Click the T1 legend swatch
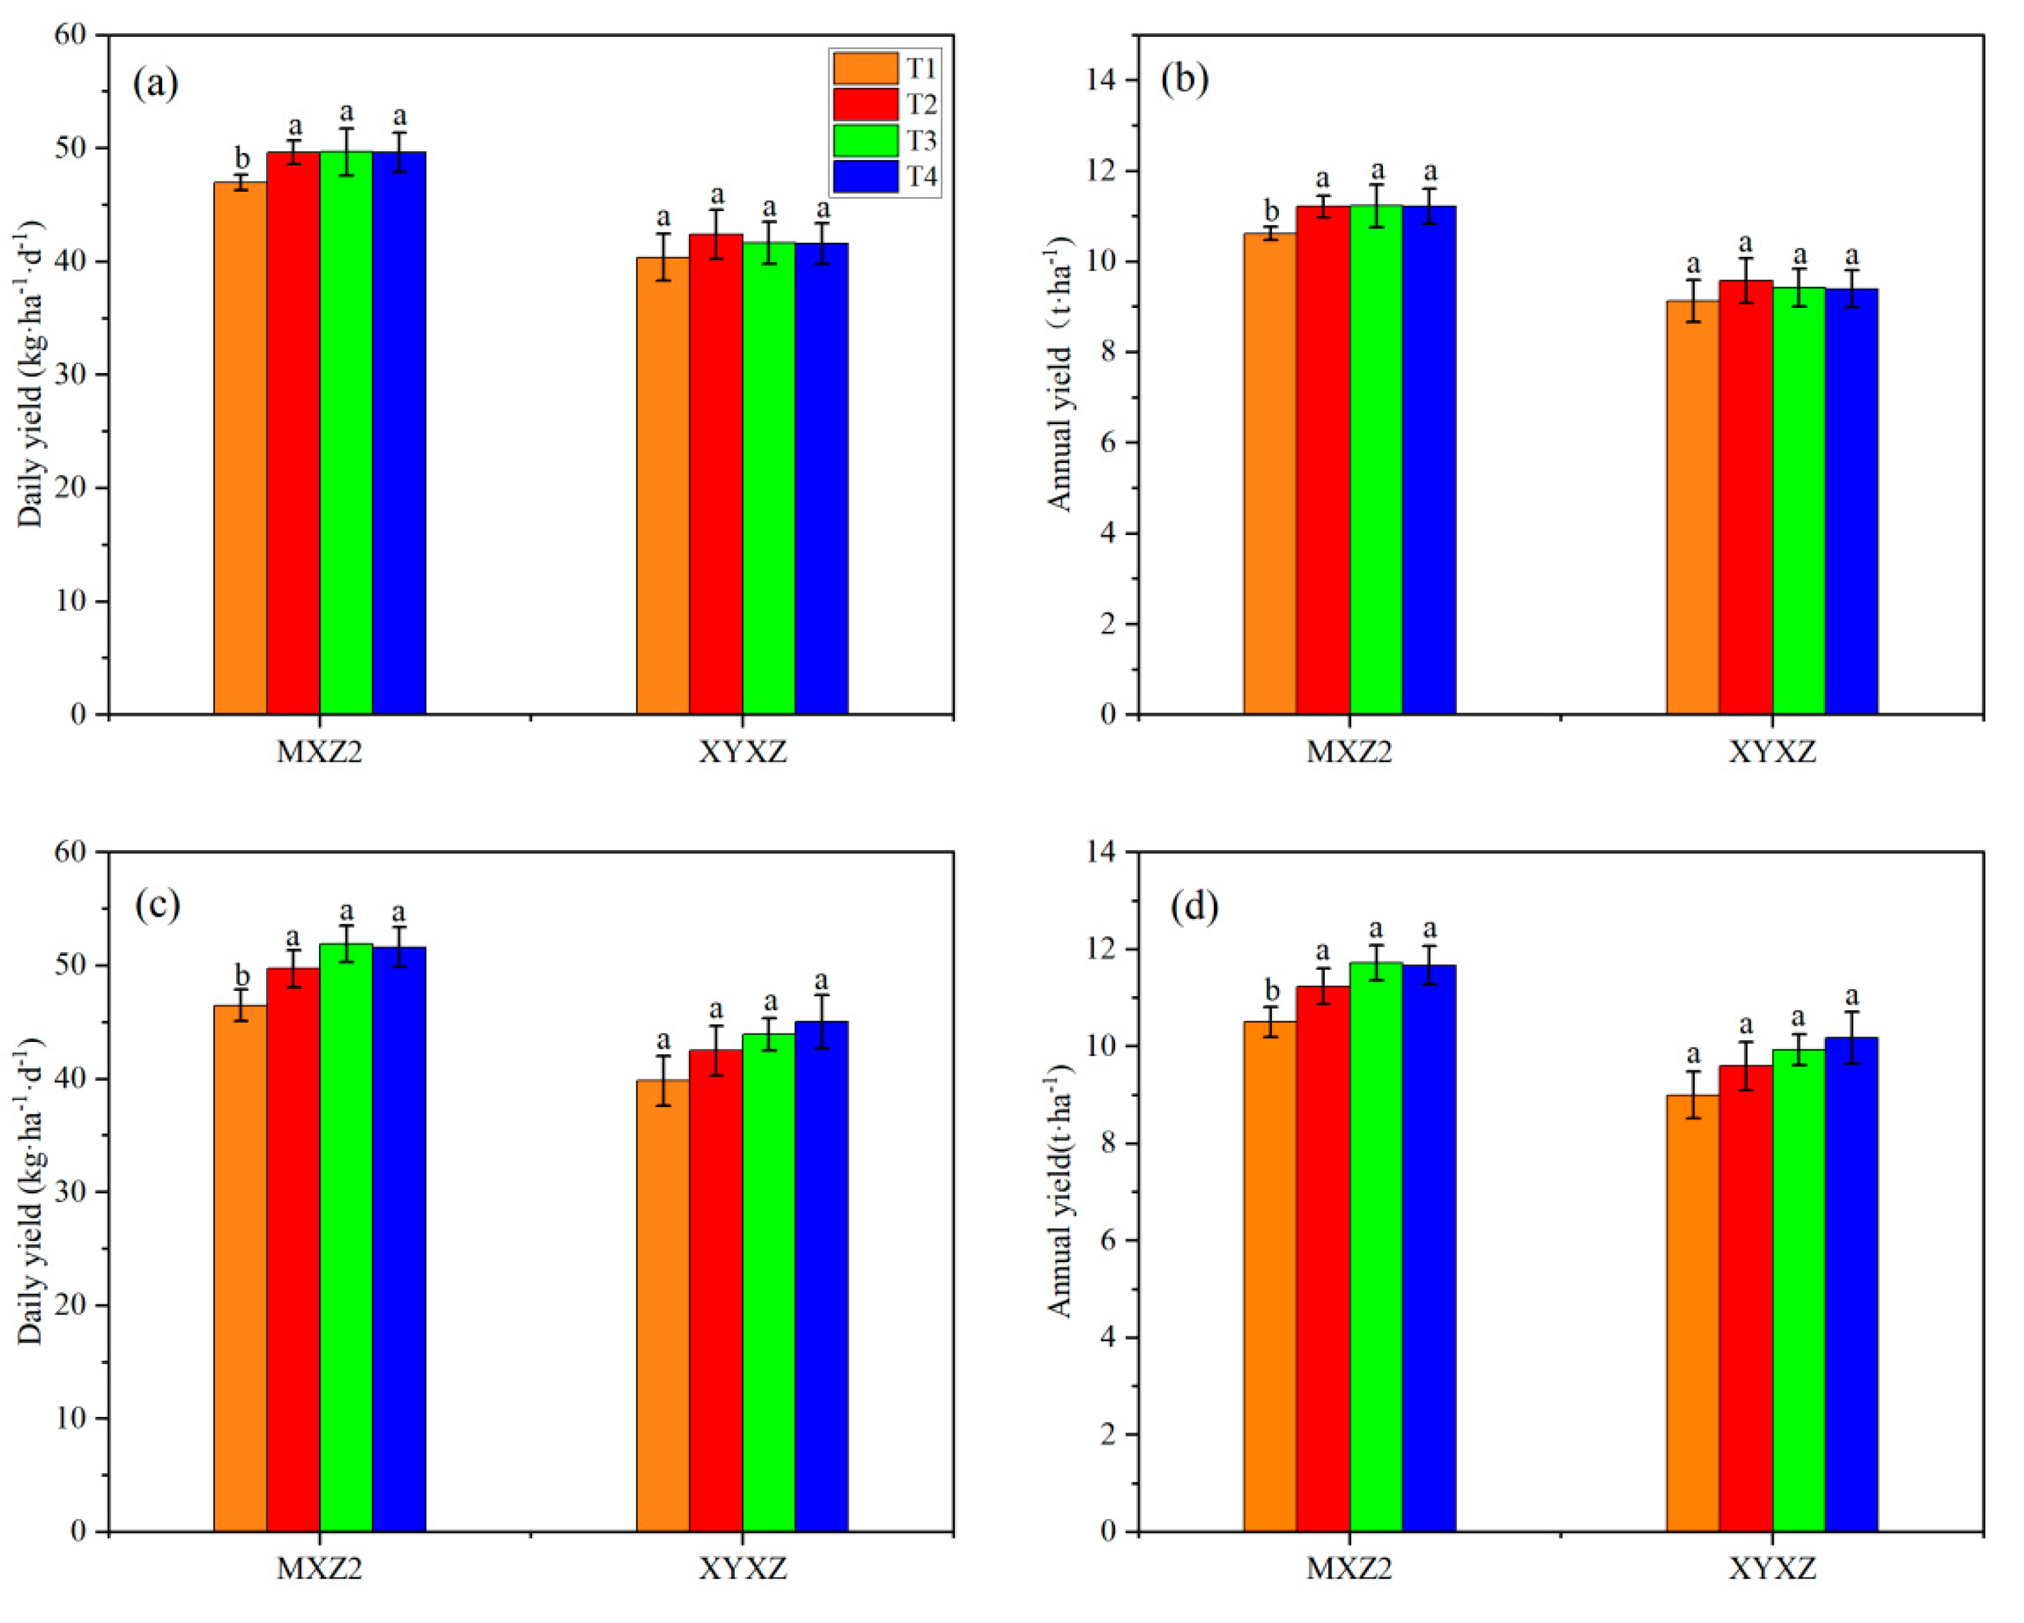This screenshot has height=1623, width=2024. (864, 68)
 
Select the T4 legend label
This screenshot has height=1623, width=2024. (921, 176)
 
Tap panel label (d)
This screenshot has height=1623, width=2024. (1194, 905)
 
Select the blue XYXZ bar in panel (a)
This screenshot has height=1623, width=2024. (821, 479)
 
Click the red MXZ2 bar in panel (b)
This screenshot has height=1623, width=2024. (1323, 460)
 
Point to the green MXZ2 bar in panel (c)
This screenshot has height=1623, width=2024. (345, 1239)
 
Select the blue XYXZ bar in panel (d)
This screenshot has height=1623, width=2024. (1851, 1286)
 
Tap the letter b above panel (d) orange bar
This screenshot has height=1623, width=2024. (1271, 990)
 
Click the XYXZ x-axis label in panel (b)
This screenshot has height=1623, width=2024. (1772, 753)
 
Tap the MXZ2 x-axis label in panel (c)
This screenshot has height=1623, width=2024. (319, 1569)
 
